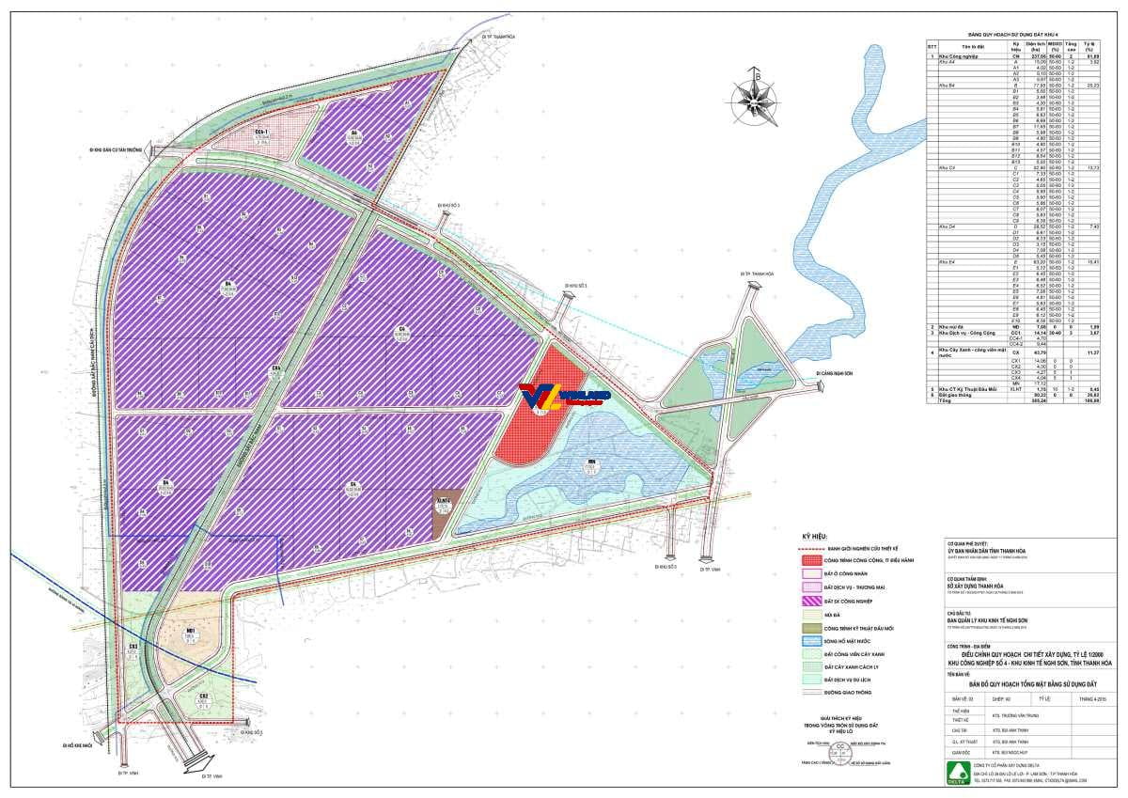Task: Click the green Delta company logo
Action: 956,775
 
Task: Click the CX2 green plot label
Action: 203,697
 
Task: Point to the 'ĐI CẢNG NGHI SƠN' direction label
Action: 835,373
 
